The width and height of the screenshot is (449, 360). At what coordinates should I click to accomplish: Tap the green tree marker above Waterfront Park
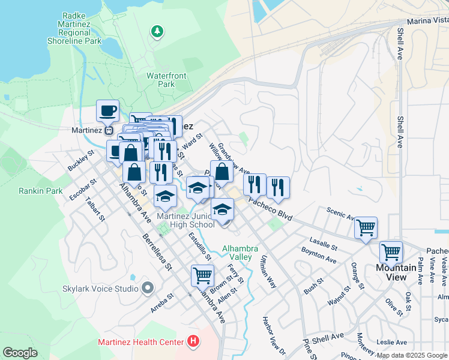[157, 31]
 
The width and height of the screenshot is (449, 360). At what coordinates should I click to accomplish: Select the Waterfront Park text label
[166, 80]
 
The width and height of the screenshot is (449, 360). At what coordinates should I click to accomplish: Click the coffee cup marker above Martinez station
[108, 111]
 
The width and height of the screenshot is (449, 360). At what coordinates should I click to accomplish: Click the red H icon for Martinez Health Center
[193, 342]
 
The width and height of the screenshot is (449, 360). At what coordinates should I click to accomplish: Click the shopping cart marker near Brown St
[203, 276]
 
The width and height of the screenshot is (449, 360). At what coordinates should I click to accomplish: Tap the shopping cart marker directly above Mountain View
[391, 252]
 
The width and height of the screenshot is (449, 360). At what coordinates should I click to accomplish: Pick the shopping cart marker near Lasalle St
[366, 228]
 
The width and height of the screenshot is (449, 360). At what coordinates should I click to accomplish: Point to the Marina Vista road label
[427, 20]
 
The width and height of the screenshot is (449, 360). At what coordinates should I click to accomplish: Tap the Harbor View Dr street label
[274, 335]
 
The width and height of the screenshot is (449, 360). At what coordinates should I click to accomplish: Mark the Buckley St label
[81, 161]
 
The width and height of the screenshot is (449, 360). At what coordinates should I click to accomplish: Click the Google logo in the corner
[20, 353]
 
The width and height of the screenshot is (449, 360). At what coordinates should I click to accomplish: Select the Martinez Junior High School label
[185, 220]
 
